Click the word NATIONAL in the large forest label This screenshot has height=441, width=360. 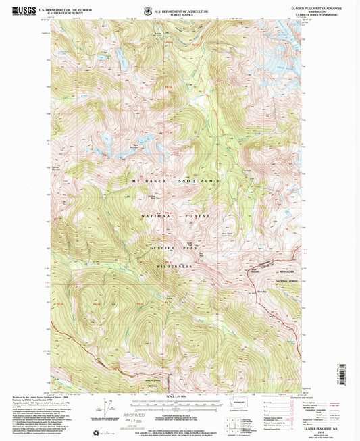point(155,216)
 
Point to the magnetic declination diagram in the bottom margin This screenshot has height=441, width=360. point(108,405)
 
